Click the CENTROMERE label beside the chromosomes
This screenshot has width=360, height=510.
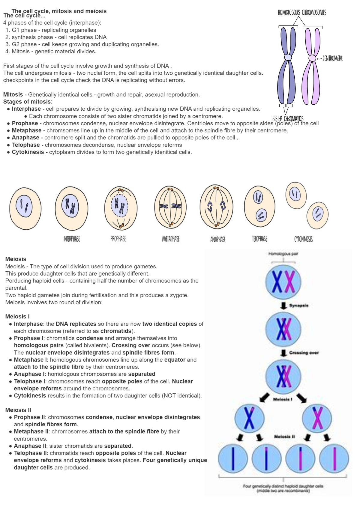pyautogui.click(x=332, y=58)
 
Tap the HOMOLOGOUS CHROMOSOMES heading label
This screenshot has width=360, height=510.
pyautogui.click(x=302, y=13)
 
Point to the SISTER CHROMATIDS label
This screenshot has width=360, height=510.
pyautogui.click(x=288, y=118)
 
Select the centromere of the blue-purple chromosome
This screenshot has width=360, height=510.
pyautogui.click(x=288, y=57)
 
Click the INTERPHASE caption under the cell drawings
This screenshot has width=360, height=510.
pyautogui.click(x=72, y=239)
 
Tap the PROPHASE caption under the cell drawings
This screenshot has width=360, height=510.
pyautogui.click(x=118, y=239)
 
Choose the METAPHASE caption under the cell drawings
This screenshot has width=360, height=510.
pyautogui.click(x=171, y=239)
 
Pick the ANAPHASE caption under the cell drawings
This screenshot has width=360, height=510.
pyautogui.click(x=218, y=239)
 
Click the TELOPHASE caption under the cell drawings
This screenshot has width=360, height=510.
pyautogui.click(x=259, y=239)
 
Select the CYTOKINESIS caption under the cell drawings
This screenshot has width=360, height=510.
pyautogui.click(x=303, y=239)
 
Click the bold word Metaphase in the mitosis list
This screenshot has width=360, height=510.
pyautogui.click(x=26, y=130)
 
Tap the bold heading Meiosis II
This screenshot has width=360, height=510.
pyautogui.click(x=18, y=410)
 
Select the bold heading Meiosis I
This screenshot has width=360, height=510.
pyautogui.click(x=17, y=316)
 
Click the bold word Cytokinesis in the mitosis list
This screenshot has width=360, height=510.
pyautogui.click(x=28, y=152)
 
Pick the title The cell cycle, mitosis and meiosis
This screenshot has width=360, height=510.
pyautogui.click(x=59, y=11)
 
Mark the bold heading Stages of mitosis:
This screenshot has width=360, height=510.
pyautogui.click(x=28, y=102)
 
